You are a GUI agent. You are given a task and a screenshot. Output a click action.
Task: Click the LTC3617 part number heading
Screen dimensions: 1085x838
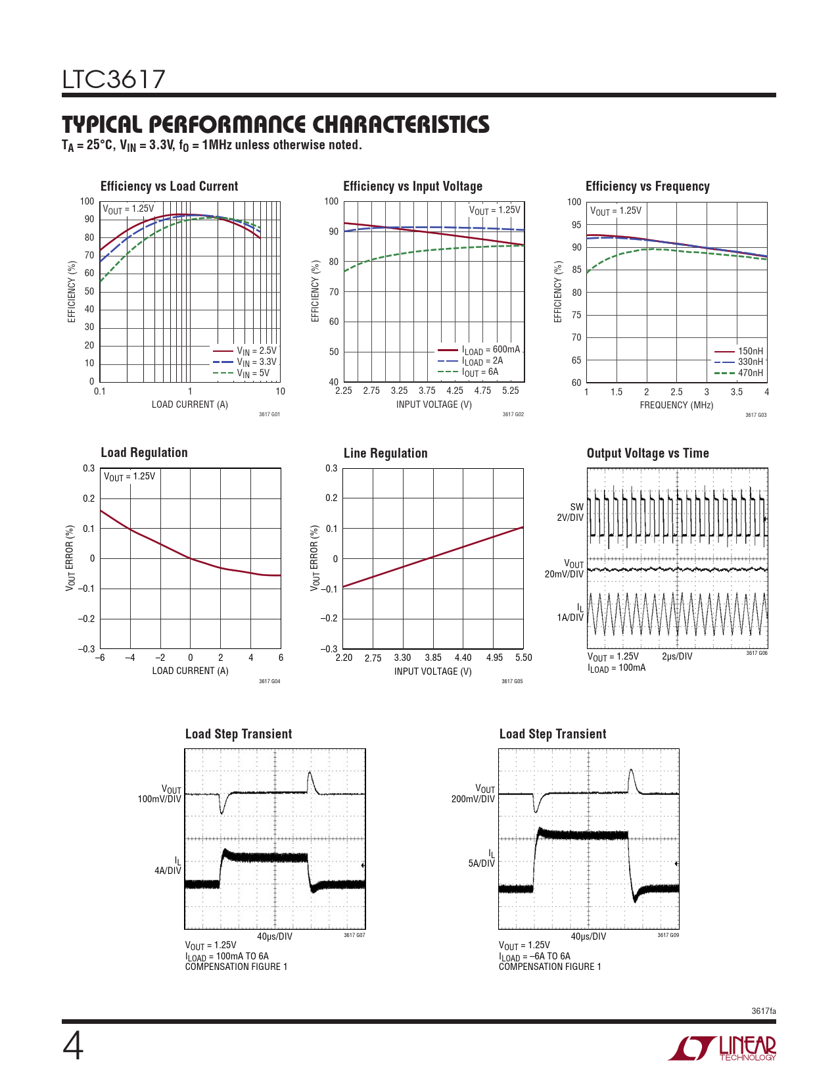pos(114,80)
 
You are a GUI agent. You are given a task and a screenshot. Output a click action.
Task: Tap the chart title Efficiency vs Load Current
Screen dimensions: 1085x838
pos(169,186)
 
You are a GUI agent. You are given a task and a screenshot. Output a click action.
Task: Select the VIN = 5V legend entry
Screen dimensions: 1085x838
pos(252,374)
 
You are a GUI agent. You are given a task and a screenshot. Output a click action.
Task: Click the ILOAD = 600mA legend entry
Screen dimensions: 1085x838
pos(490,350)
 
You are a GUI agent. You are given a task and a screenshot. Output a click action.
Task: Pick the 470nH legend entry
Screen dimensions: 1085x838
pos(750,373)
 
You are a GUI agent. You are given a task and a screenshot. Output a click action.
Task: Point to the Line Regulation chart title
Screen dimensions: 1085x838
pos(385,453)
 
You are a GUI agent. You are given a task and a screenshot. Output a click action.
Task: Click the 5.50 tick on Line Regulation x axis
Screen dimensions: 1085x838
pos(523,658)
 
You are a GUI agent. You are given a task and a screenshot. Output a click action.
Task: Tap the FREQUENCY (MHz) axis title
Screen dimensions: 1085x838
pos(676,405)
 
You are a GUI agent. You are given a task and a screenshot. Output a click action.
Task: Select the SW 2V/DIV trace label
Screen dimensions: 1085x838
pos(570,512)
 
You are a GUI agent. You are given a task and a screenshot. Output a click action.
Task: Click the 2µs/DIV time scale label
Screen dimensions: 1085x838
pos(676,656)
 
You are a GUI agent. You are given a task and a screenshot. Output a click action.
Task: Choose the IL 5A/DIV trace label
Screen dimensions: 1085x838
pos(482,859)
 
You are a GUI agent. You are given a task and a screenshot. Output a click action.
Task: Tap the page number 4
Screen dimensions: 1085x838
pos(73,1047)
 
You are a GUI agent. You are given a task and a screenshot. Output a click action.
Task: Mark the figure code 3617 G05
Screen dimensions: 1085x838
pos(512,681)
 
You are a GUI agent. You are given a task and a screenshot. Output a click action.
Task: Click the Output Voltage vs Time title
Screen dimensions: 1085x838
pos(647,453)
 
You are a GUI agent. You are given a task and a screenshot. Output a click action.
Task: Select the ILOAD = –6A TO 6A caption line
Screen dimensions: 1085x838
pos(534,956)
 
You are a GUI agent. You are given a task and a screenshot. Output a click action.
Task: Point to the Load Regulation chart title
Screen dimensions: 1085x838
pos(144,452)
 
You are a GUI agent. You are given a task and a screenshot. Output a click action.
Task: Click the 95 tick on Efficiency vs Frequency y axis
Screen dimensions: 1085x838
pos(576,225)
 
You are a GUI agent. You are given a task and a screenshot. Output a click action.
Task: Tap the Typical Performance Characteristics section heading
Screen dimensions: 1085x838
pos(275,124)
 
